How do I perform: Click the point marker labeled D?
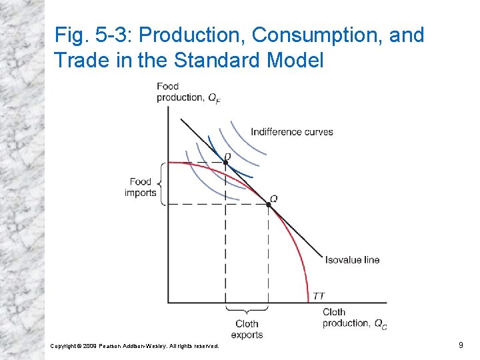tap(225, 163)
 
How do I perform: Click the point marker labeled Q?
tap(269, 204)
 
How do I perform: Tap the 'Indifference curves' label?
tap(291, 131)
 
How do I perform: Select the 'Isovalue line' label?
tap(352, 259)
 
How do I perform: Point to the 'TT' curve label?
tap(319, 296)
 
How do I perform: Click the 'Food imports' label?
tap(141, 187)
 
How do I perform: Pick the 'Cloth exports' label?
tap(247, 329)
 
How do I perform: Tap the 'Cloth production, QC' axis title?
tap(354, 318)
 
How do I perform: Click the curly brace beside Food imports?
tap(163, 183)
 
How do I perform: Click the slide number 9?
tap(461, 345)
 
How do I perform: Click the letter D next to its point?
tap(227, 155)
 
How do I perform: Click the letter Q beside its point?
tap(274, 198)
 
